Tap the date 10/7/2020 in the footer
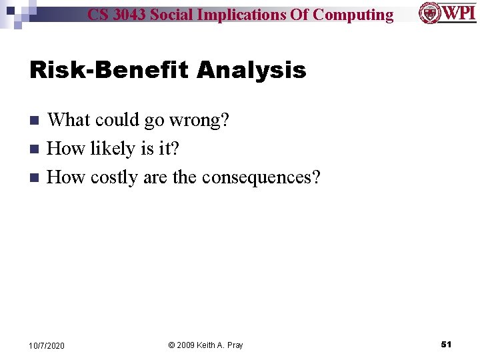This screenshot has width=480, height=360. click(47, 345)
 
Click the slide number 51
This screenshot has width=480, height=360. click(446, 345)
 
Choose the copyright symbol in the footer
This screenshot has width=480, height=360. click(171, 345)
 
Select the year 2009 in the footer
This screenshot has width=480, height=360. click(186, 345)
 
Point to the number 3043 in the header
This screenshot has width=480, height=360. click(129, 14)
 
